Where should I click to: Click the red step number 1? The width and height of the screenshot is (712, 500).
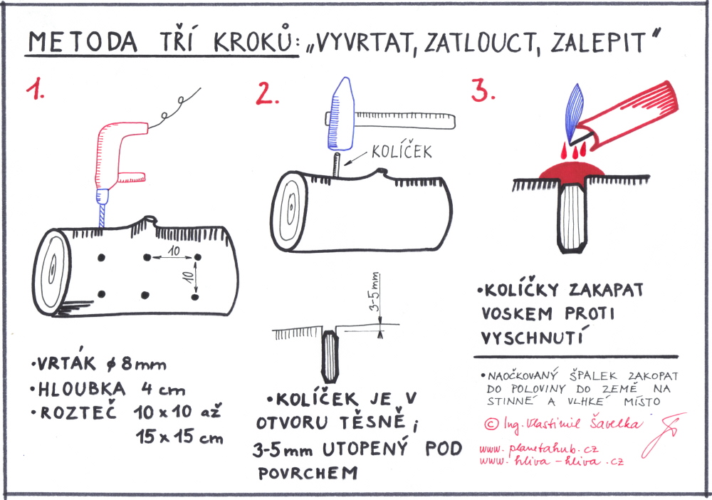(34, 89)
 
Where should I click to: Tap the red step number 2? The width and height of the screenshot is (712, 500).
(266, 94)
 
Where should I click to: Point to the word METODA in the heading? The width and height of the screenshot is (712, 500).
(82, 42)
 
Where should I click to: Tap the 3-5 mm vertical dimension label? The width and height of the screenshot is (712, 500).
(375, 291)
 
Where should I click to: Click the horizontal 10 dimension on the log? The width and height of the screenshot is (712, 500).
(173, 254)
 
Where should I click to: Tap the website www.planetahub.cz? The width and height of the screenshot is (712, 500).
(538, 449)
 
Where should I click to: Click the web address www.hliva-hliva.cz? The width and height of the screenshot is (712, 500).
(551, 461)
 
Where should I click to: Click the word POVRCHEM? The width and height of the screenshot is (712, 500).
(308, 473)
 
